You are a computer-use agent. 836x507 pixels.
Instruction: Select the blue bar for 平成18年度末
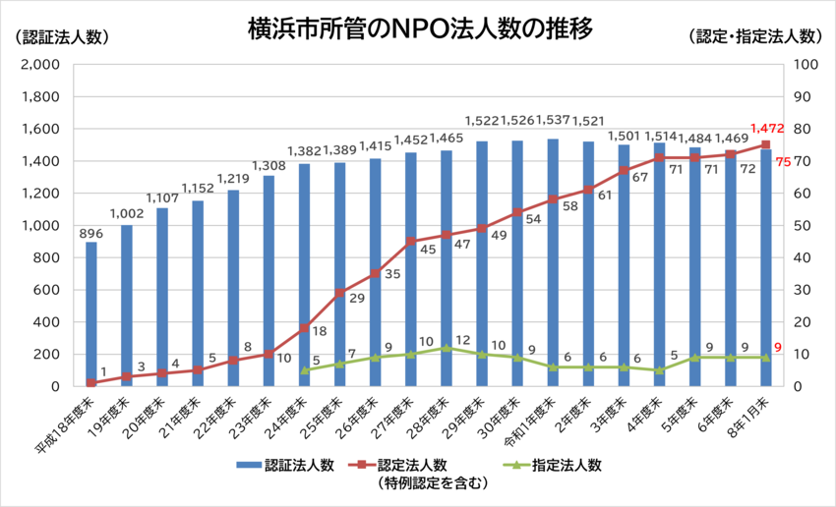pyautogui.click(x=91, y=313)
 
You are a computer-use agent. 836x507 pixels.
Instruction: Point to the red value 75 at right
pyautogui.click(x=784, y=162)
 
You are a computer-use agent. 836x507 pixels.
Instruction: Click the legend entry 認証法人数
pyautogui.click(x=293, y=466)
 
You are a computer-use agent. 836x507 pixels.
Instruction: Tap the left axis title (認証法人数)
pyautogui.click(x=56, y=36)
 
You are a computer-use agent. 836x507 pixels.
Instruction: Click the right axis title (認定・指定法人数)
pyautogui.click(x=755, y=36)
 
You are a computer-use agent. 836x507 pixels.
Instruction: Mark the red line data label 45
pyautogui.click(x=429, y=250)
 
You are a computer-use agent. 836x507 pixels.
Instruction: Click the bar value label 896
pyautogui.click(x=91, y=233)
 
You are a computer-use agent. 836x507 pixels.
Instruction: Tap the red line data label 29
pyautogui.click(x=357, y=298)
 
